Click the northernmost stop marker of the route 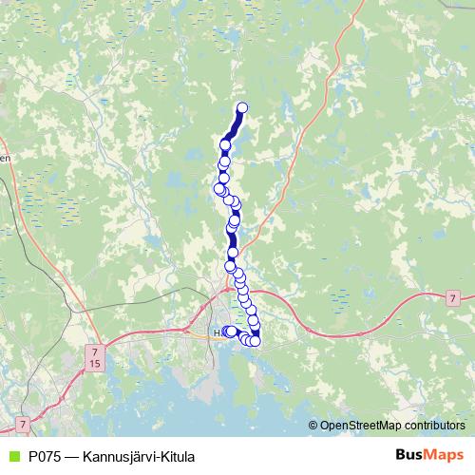coord(242,107)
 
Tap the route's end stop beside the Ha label coord(230,331)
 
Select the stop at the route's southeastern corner coord(255,341)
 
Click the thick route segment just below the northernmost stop coord(234,125)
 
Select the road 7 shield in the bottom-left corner coord(22,421)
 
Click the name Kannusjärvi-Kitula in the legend coord(140,456)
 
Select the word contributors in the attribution coord(436,425)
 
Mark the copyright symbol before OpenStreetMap coord(313,425)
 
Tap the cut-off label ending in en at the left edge coord(5,160)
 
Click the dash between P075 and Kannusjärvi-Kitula coord(74,456)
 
